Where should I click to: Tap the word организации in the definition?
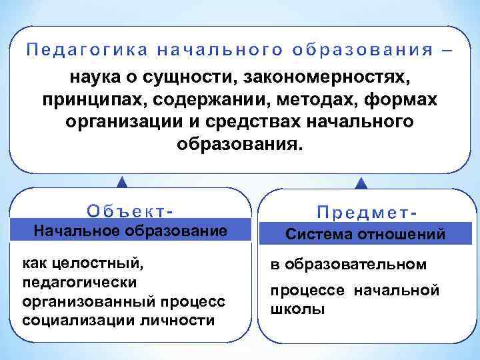click(x=116, y=123)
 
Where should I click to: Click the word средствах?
click(x=238, y=123)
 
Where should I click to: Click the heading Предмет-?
click(x=367, y=212)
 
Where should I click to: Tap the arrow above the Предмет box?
click(x=361, y=181)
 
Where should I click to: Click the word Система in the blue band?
click(x=316, y=234)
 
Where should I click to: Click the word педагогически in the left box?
click(x=80, y=282)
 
